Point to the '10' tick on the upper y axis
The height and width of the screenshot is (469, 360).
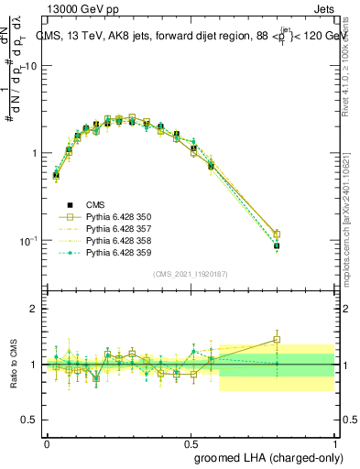pyautogui.click(x=31, y=67)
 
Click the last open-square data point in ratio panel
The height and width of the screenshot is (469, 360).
pyautogui.click(x=277, y=339)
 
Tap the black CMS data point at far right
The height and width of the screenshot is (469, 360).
pyautogui.click(x=277, y=245)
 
